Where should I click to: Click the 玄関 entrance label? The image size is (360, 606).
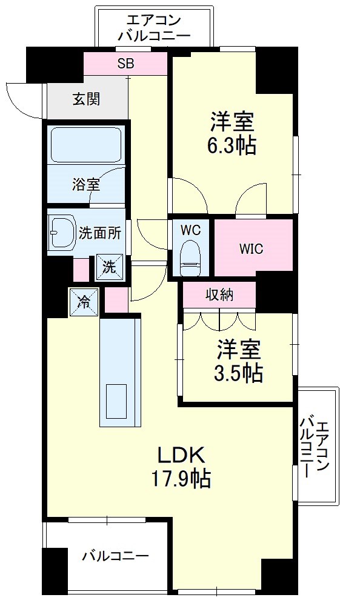pyautogui.click(x=86, y=99)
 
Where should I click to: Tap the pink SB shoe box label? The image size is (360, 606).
pyautogui.click(x=125, y=63)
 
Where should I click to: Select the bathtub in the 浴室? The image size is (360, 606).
pyautogui.click(x=85, y=145)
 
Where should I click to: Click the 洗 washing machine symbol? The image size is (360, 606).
pyautogui.click(x=108, y=267)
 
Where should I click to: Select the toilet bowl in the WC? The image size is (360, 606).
pyautogui.click(x=191, y=258)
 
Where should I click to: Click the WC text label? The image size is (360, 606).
pyautogui.click(x=190, y=231)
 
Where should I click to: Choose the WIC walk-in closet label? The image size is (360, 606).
pyautogui.click(x=251, y=248)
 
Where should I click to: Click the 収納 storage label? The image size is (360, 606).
pyautogui.click(x=220, y=295)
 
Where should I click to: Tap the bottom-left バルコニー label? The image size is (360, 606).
pyautogui.click(x=115, y=555)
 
